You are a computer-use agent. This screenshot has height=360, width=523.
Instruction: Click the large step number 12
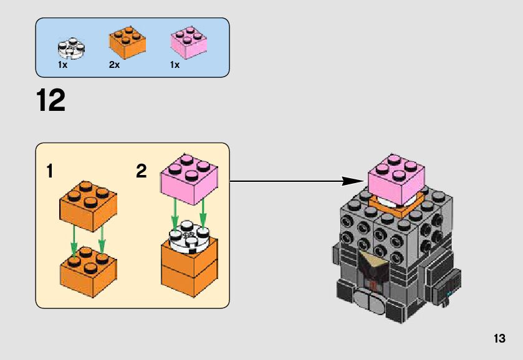(51, 100)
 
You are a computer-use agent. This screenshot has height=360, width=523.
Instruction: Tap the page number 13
(498, 339)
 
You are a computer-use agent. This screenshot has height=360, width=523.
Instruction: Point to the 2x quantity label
(114, 65)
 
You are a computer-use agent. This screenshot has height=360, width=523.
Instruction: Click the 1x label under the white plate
(62, 65)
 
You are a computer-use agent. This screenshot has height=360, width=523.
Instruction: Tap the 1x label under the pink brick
(175, 65)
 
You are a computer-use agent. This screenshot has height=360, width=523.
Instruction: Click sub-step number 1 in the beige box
(49, 171)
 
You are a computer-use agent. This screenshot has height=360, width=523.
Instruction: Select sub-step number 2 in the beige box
(142, 171)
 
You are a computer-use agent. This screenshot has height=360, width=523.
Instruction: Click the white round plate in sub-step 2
(188, 236)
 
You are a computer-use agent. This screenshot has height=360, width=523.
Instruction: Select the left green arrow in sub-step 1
(73, 240)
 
